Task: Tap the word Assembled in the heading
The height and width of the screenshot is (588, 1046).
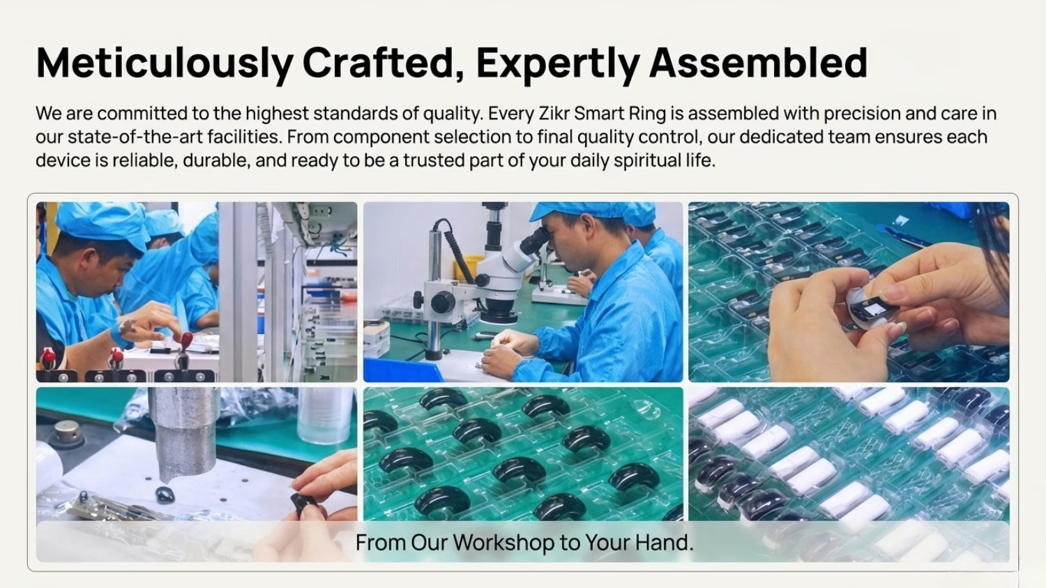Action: coord(759,63)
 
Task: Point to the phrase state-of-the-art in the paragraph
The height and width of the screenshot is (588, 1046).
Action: coord(135,137)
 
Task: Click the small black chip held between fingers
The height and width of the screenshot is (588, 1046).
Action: coord(872,308)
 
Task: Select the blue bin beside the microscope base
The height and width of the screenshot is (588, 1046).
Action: coord(402,370)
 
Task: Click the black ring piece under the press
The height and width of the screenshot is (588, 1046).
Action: coord(164,494)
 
